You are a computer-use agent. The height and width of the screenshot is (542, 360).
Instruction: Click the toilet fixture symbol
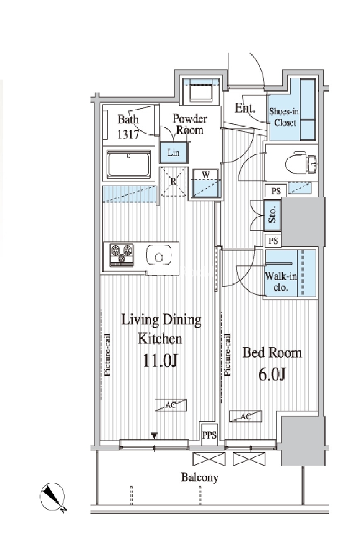point(301,162)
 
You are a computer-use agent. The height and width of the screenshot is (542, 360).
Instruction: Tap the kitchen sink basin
point(159,256)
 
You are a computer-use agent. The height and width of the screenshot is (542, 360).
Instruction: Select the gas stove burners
point(122,255)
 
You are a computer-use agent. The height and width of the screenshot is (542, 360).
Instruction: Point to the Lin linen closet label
point(173,152)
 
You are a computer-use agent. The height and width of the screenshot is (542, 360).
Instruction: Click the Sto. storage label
point(272,215)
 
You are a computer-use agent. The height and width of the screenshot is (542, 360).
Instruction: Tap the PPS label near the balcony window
point(209,435)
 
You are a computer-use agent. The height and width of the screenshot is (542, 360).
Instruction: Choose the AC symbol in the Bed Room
point(246,416)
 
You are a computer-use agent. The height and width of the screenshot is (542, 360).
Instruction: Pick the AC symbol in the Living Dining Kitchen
point(171,405)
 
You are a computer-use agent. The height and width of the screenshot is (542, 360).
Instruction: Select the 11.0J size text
point(161,360)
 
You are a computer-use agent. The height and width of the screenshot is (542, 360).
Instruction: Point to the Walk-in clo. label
point(281,282)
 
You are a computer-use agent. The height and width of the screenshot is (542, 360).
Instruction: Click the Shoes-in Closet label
point(285,117)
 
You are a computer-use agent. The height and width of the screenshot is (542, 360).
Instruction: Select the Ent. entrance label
point(245,108)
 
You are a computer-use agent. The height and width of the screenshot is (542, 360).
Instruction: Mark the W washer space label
point(206,174)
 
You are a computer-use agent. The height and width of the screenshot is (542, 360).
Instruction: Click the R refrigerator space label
point(173,181)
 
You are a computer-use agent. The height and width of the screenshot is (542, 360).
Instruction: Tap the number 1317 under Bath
point(128,134)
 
